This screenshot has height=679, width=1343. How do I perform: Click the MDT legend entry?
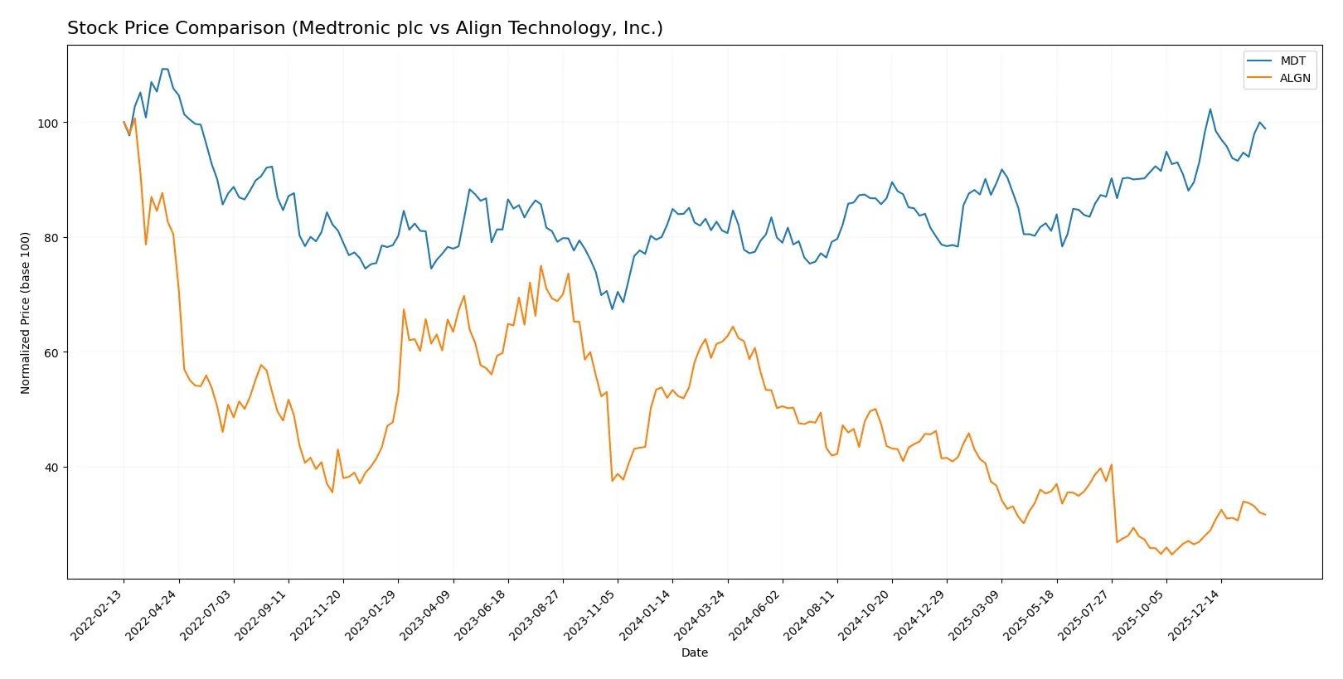coord(1292,61)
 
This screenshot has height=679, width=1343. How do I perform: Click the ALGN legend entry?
coord(1294,78)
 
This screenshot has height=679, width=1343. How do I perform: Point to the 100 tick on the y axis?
coord(47,123)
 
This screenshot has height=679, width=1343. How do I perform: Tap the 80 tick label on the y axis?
coord(51,238)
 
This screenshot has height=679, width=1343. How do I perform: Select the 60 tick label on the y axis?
coord(51,352)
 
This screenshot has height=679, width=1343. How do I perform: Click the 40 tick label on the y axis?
coord(51,468)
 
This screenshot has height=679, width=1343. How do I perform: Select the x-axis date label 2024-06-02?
coord(758,614)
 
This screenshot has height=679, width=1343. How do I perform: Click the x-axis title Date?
coord(694,653)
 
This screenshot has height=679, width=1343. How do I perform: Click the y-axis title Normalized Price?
coord(26,313)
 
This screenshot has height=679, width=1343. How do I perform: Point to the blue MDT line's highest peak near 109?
coord(164,69)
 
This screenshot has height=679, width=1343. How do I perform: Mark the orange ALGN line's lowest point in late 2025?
coord(1171,554)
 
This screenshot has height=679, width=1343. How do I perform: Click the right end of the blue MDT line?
coord(1265,129)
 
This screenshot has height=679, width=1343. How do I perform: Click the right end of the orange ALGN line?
coord(1265,515)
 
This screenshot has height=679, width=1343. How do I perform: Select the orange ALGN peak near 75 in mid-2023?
coord(541,266)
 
